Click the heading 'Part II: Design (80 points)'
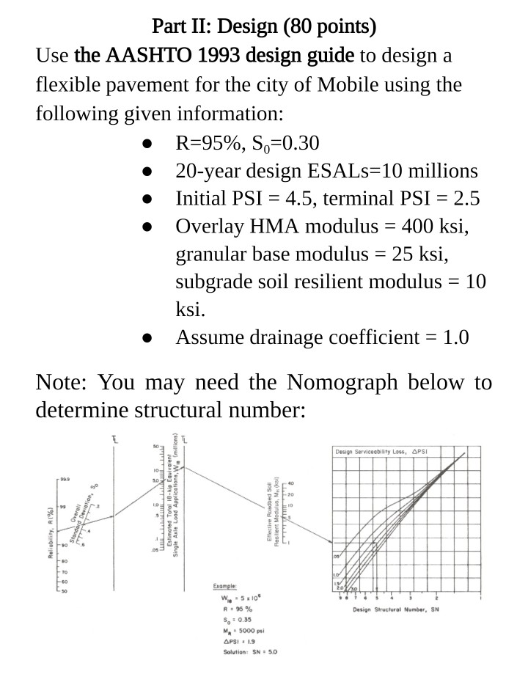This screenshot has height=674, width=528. click(263, 27)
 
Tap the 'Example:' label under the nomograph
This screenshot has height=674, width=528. click(223, 587)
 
